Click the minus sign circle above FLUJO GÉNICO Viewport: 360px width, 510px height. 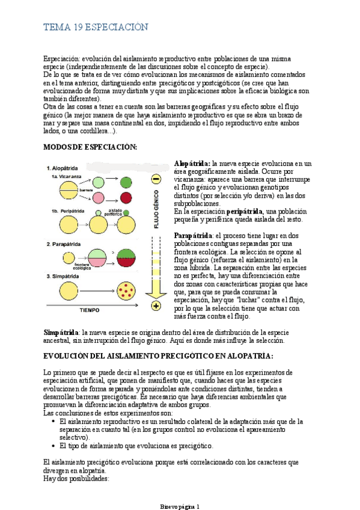(155, 179)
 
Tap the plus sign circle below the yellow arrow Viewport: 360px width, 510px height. (155, 307)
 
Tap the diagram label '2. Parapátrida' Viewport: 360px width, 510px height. (68, 244)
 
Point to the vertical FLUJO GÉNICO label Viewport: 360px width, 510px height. (155, 212)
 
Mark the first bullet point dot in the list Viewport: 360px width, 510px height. (54, 422)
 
